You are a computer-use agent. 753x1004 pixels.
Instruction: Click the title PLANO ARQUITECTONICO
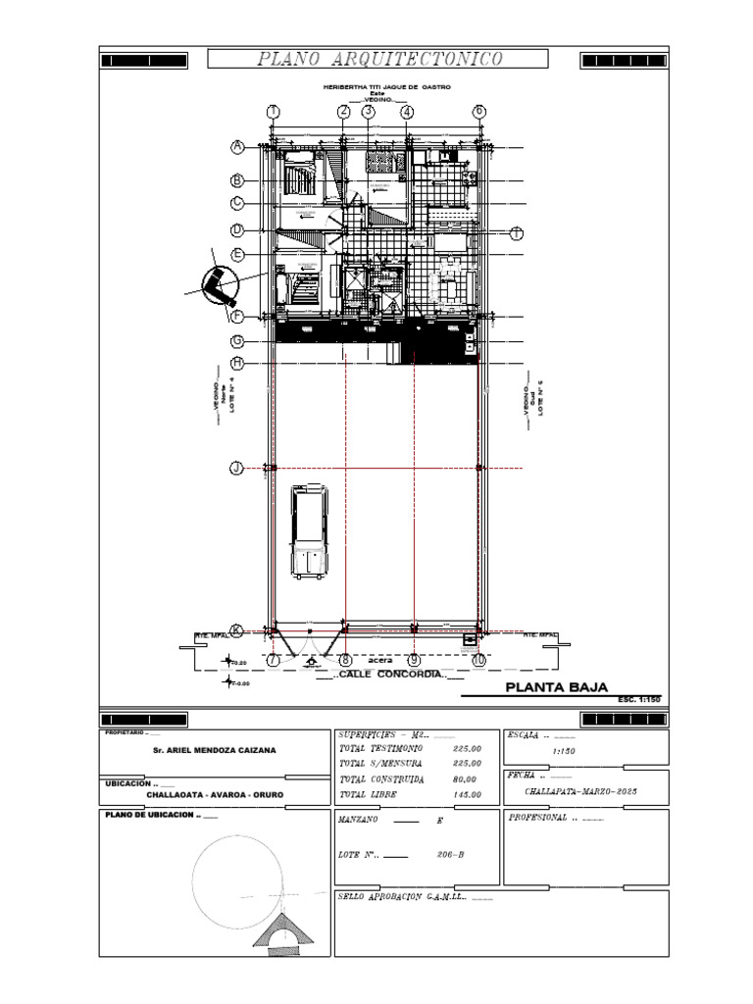380,60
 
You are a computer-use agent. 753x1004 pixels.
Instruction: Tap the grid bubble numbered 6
479,112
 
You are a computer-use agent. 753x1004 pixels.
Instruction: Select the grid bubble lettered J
236,469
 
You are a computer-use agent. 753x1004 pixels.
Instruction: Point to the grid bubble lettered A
237,148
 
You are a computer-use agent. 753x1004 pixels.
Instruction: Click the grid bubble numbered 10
478,661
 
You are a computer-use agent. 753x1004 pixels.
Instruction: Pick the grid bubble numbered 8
345,661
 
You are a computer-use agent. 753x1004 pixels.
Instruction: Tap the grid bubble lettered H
237,364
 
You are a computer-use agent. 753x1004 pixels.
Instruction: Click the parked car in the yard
309,532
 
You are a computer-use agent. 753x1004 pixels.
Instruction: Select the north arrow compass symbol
219,285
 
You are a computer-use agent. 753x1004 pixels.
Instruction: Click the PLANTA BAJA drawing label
556,687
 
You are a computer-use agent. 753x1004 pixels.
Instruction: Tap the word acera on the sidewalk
380,661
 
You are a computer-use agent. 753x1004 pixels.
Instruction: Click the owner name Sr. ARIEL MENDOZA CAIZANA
215,750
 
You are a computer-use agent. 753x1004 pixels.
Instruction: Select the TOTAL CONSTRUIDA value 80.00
466,779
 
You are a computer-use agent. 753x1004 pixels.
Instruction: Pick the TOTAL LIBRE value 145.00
466,795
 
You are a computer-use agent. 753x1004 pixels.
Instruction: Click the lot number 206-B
450,855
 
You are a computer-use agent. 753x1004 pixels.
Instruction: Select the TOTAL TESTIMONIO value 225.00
468,748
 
